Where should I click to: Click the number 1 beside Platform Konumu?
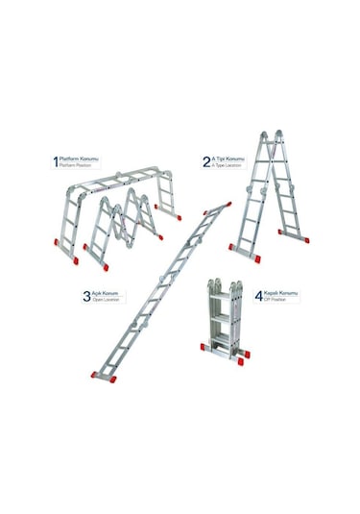pos(56,161)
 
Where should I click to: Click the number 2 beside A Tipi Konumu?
pos(206,161)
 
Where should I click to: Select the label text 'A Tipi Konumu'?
pos(228,158)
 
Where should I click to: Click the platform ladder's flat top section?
pos(124,178)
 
